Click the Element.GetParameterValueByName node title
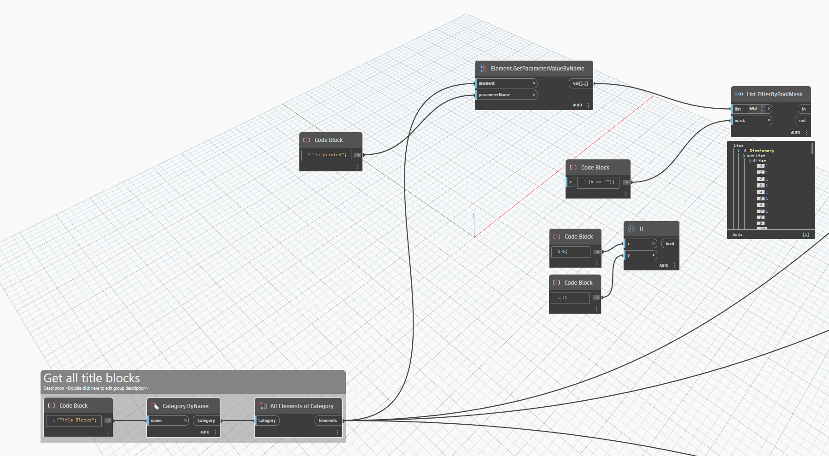pos(537,69)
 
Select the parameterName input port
pos(506,95)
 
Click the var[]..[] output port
pos(580,83)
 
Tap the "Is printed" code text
pos(329,155)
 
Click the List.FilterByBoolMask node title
pos(774,94)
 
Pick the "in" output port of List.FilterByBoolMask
pos(804,109)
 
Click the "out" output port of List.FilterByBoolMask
pos(802,121)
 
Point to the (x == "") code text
pos(599,182)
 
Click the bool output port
pos(670,244)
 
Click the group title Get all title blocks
pos(92,378)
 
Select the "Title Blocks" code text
pos(76,420)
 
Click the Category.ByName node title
pos(185,406)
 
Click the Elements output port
pos(328,421)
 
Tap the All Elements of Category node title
pos(302,406)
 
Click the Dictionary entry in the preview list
pos(761,151)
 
